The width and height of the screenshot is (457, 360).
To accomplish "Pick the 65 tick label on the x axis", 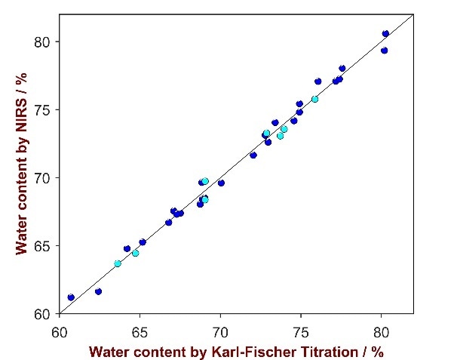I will coord(140,330).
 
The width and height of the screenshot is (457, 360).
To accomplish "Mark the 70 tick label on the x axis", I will coord(220,330).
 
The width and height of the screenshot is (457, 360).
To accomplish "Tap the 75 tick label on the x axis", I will coord(301,330).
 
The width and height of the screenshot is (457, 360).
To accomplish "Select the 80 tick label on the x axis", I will coord(382,330).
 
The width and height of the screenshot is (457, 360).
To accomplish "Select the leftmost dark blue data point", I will coord(71,297).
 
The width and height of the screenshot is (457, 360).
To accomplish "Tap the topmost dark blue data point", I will coord(385,34).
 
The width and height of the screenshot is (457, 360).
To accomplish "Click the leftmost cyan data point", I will coord(118,263).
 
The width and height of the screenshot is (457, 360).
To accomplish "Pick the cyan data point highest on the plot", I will coord(314,99).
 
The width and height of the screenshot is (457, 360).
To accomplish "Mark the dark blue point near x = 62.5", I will coord(98,291).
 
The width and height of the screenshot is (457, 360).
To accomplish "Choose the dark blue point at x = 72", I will coord(253,155).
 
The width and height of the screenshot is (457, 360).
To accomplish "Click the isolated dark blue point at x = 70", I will coord(221,183).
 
